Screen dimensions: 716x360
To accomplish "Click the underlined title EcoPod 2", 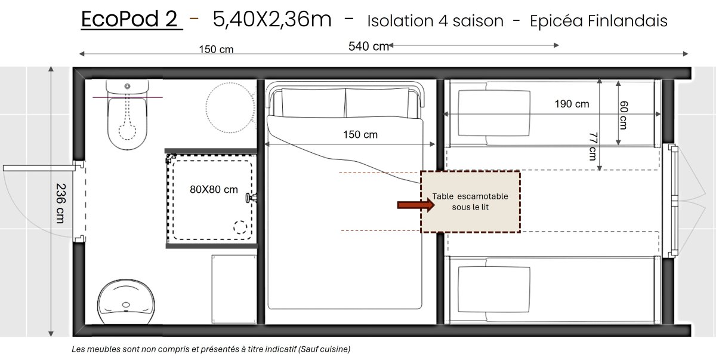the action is [132, 19].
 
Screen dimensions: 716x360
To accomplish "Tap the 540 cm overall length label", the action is [369, 47].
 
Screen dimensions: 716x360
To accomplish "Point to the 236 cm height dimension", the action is [60, 204].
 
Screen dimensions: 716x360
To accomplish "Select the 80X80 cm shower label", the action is [214, 189].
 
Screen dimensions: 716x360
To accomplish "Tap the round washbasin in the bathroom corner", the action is [126, 302].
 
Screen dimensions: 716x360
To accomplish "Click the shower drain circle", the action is [240, 227].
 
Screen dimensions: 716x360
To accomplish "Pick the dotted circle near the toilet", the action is [230, 107].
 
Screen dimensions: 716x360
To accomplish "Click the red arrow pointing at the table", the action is [415, 205].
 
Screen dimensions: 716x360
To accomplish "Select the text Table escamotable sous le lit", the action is [470, 202].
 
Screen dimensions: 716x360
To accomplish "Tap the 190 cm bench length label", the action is [572, 104].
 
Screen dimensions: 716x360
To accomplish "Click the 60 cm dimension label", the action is [624, 115].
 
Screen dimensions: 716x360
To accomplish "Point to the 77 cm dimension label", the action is [593, 146].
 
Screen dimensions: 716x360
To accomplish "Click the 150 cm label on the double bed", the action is [360, 134].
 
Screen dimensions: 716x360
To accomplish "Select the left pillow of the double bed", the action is [313, 103].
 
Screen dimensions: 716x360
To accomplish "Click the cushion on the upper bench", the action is [494, 113].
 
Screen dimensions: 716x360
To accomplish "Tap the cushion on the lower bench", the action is [494, 290].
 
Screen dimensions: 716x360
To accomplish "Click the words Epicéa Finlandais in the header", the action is [598, 21].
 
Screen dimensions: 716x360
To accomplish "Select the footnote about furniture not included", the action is [211, 349].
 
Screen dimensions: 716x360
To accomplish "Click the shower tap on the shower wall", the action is [251, 198].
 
